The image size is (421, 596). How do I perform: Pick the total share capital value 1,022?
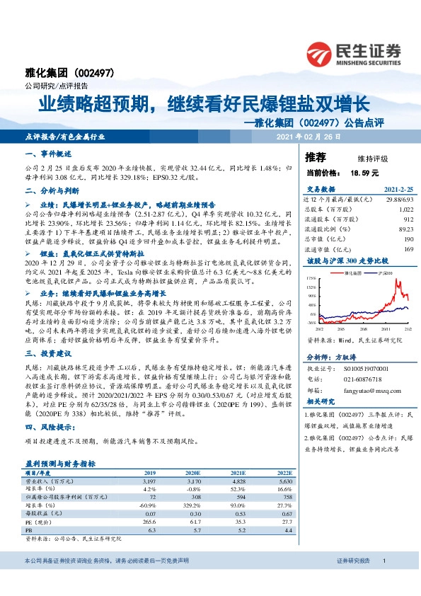point(404,210)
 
